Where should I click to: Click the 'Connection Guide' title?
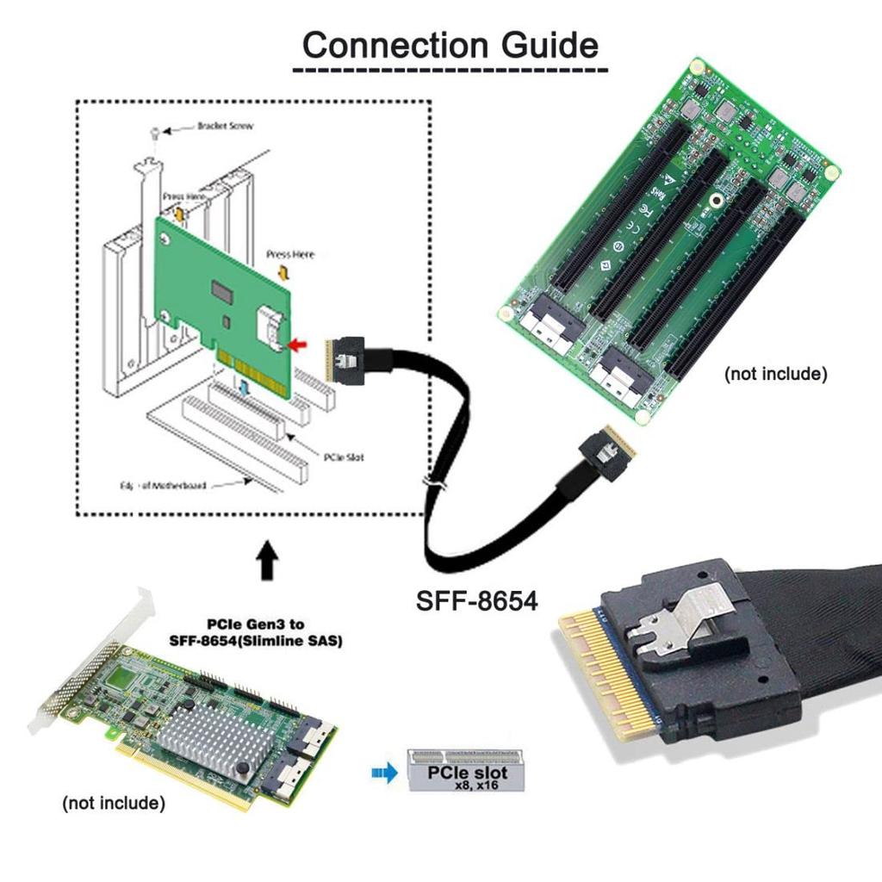coord(450,45)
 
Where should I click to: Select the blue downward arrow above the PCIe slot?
coord(246,388)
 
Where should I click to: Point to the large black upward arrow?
coord(268,562)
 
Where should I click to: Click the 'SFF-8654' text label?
coord(476,600)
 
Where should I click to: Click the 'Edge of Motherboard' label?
coord(163,486)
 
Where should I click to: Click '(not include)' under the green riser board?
coord(775,374)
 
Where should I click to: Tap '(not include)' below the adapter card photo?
coord(113,804)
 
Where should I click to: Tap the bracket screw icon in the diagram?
coord(153,133)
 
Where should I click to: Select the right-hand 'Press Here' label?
coord(290,255)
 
